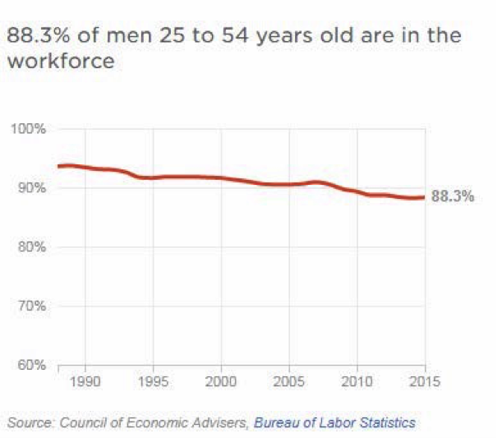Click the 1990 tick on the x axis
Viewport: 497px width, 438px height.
85,382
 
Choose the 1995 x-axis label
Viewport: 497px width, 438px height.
153,382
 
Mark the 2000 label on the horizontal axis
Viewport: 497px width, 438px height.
221,382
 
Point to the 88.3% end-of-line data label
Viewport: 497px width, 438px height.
453,197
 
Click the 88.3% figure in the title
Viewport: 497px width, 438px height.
36,36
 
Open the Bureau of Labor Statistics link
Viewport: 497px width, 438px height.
334,423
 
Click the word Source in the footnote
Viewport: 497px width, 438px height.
27,423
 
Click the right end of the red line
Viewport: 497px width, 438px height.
425,197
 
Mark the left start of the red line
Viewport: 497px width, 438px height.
58,166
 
